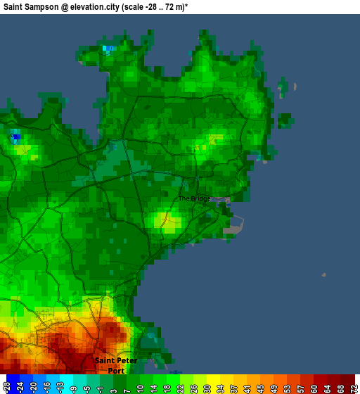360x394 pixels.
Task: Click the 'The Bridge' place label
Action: pos(194,198)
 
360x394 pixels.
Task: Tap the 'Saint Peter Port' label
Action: pos(116,365)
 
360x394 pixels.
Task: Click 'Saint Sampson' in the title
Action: pos(30,6)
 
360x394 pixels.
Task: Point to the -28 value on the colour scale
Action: pos(6,386)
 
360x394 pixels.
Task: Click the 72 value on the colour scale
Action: pos(353,386)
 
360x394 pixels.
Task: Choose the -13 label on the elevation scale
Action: pos(60,386)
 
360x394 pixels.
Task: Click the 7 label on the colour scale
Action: pos(127,386)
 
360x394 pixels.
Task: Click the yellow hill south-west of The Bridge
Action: pos(167,222)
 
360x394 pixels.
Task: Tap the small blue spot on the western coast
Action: pos(15,136)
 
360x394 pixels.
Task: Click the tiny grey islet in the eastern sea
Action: pos(323,275)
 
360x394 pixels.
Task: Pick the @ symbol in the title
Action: pos(65,6)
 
